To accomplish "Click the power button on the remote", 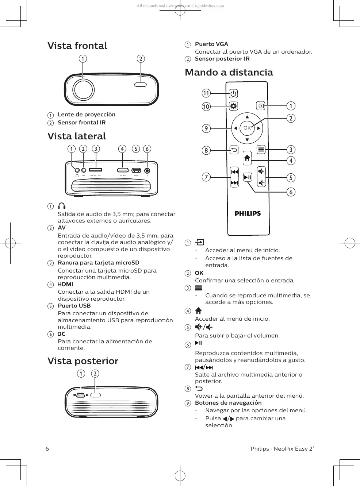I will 233,94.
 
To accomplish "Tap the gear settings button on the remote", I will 233,106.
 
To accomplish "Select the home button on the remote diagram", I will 247,158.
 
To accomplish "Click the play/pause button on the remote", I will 248,177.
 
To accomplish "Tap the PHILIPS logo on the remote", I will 248,213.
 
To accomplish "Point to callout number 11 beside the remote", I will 206,93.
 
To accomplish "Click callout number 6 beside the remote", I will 291,192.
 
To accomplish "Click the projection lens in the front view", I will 83,89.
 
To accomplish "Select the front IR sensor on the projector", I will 141,85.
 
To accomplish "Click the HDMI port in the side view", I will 123,170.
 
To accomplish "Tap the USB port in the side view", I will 136,170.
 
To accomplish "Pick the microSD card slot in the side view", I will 95,170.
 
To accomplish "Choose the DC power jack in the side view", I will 147,170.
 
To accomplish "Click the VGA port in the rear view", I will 81,395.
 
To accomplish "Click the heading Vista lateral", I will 77,136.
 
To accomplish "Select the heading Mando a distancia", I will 229,72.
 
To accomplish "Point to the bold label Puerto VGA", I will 211,44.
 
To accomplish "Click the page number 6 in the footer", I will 47,449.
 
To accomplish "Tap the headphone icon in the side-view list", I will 62,206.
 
